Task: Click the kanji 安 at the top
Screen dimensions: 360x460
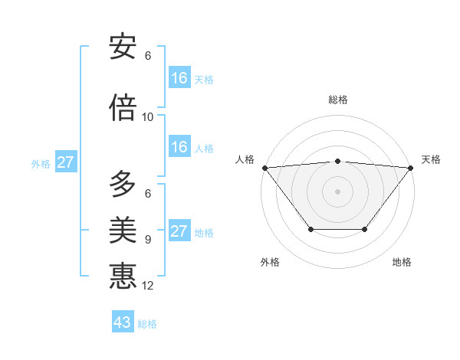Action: [x=123, y=47]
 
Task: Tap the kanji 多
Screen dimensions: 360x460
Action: [x=123, y=185]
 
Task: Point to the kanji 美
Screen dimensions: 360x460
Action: [x=123, y=230]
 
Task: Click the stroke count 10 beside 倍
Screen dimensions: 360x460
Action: [x=148, y=117]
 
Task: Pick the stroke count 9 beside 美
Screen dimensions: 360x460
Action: [x=148, y=240]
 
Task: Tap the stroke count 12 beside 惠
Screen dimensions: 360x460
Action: [x=148, y=286]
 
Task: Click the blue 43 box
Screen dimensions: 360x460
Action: [x=123, y=322]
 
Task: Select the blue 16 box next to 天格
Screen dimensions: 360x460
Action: [x=179, y=78]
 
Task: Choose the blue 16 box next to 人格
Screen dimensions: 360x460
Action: [x=179, y=147]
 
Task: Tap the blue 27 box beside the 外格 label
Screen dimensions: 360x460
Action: [x=66, y=162]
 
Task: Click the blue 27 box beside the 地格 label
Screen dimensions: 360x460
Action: [x=179, y=231]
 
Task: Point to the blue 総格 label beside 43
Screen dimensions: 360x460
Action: [x=147, y=324]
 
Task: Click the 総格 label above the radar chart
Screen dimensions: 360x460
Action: [x=338, y=100]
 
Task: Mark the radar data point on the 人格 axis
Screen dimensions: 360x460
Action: [x=264, y=168]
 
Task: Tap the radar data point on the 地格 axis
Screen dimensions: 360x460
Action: [x=365, y=229]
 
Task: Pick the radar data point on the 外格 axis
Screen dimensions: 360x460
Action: [x=310, y=229]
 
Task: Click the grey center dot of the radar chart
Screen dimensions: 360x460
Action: [x=338, y=191]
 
